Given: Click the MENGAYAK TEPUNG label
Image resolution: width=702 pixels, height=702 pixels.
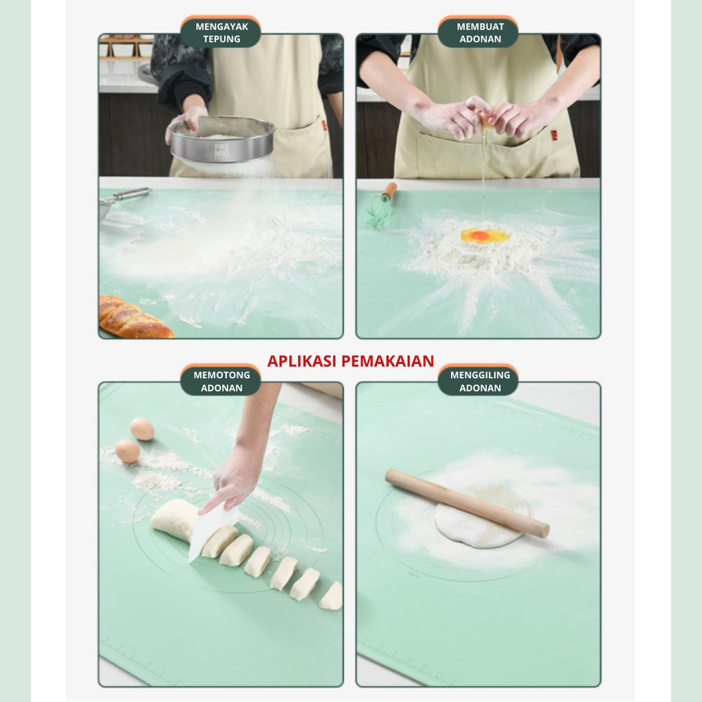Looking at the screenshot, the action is [x=221, y=33].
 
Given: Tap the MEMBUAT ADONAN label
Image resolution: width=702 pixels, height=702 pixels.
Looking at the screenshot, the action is [x=480, y=33].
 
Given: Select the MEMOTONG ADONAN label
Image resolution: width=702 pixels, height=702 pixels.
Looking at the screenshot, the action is [x=221, y=381].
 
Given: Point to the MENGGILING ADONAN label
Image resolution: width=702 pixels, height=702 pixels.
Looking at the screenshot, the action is [x=480, y=381].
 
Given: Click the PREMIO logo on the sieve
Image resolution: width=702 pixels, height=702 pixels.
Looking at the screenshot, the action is [x=221, y=151].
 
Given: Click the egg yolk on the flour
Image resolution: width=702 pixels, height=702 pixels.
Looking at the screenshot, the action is [x=479, y=235].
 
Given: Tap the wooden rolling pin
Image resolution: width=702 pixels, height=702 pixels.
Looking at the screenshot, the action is [x=467, y=503].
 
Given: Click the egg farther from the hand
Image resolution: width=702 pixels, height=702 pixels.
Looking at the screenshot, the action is [x=142, y=429].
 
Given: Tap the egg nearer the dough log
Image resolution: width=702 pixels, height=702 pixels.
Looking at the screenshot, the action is [x=128, y=451].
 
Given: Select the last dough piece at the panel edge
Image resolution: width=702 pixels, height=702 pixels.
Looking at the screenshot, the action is [x=331, y=596].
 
